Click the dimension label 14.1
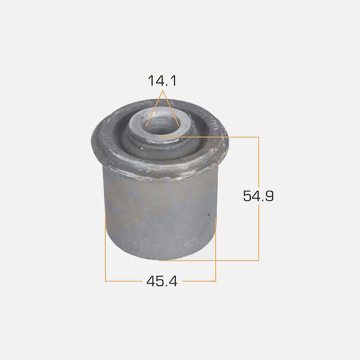[162, 81]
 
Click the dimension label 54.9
[258, 196]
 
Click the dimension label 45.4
[162, 281]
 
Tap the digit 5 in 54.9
[247, 196]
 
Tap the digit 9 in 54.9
[270, 196]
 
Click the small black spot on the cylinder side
[209, 215]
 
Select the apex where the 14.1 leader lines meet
[163, 90]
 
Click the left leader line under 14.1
[155, 108]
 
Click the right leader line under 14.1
[171, 108]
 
